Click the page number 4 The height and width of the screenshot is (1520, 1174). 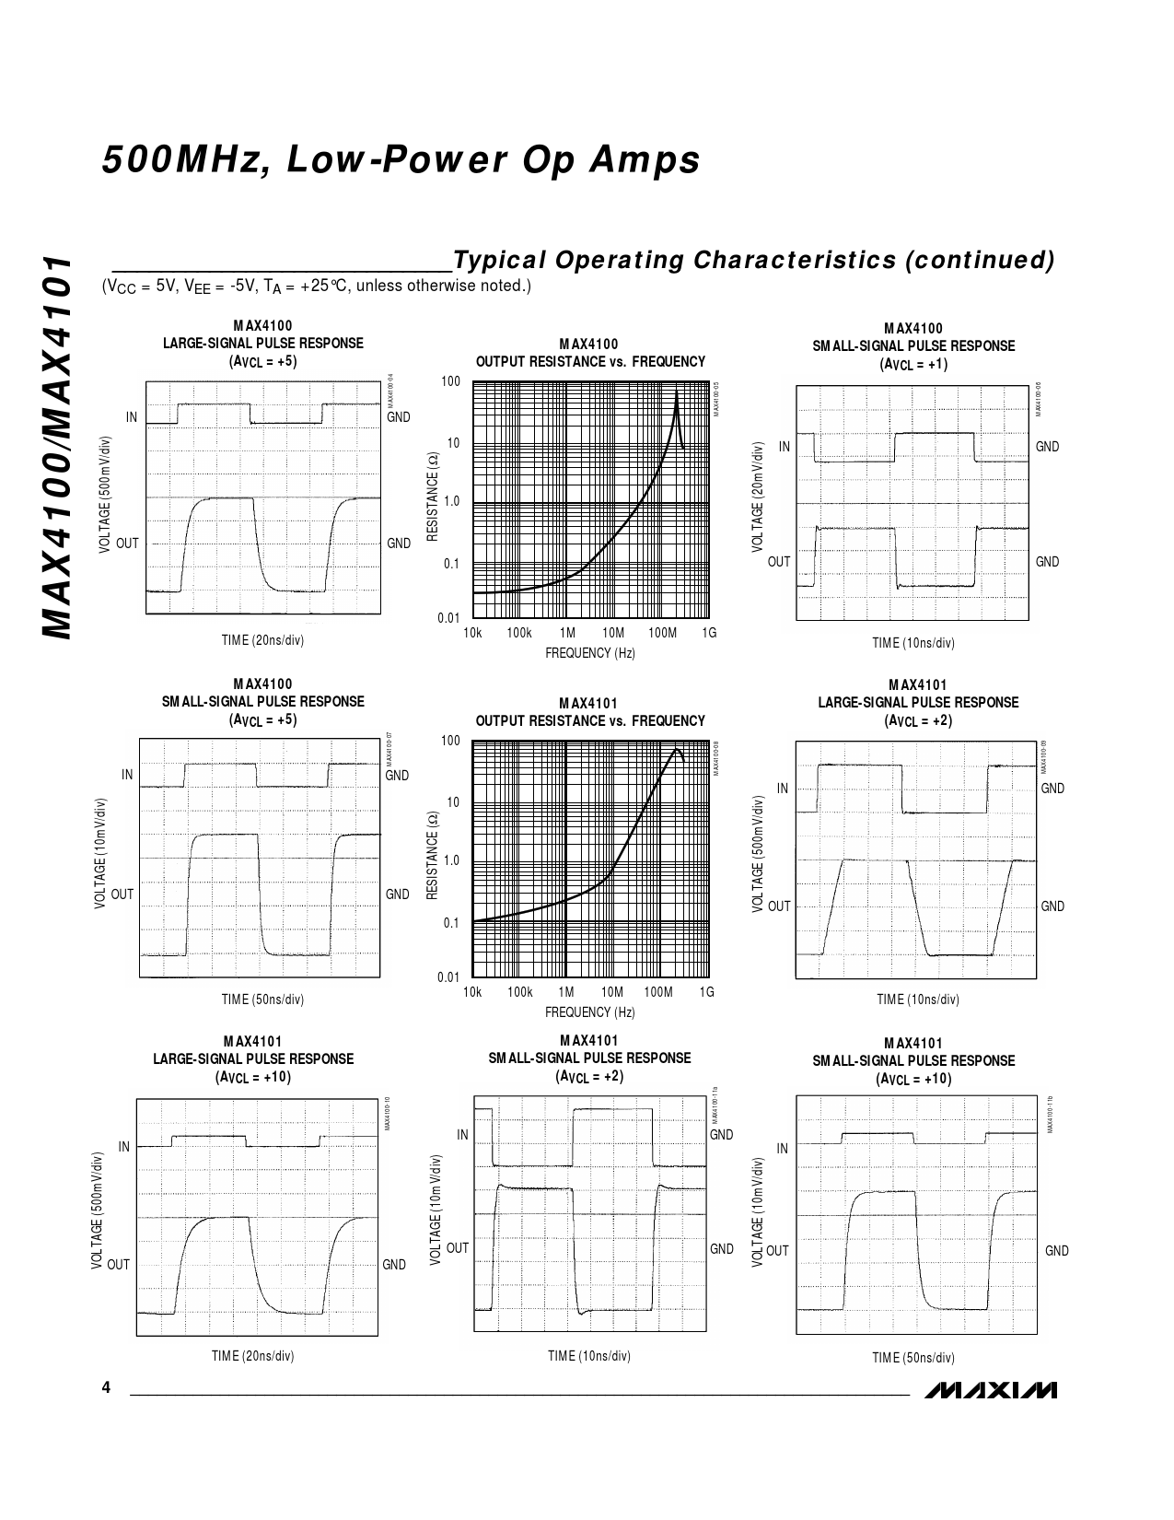pyautogui.click(x=106, y=1388)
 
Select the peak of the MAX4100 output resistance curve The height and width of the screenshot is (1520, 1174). pyautogui.click(x=677, y=392)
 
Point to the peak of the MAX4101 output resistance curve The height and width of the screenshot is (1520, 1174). pyautogui.click(x=678, y=749)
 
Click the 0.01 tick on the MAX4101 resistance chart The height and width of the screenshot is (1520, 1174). pyautogui.click(x=448, y=977)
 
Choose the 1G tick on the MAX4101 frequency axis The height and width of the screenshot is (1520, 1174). pyautogui.click(x=707, y=992)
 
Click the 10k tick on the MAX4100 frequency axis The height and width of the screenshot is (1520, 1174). pyautogui.click(x=472, y=633)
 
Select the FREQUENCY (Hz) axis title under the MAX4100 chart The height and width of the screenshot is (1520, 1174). pyautogui.click(x=589, y=653)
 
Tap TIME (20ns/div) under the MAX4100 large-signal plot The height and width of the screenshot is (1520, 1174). pyautogui.click(x=262, y=640)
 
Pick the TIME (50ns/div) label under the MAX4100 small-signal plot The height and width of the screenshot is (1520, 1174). pyautogui.click(x=262, y=1000)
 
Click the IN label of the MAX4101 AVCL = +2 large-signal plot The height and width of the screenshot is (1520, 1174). pyautogui.click(x=783, y=789)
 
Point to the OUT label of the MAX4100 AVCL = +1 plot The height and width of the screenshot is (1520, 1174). pyautogui.click(x=779, y=562)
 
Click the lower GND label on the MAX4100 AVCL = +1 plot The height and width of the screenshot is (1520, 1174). pyautogui.click(x=1048, y=562)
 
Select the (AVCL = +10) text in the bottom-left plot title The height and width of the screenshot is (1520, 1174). pyautogui.click(x=253, y=1077)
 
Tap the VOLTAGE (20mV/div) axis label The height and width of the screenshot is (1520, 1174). pyautogui.click(x=757, y=497)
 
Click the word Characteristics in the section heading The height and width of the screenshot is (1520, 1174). pyautogui.click(x=794, y=261)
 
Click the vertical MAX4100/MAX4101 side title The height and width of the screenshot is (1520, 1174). pyautogui.click(x=58, y=447)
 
